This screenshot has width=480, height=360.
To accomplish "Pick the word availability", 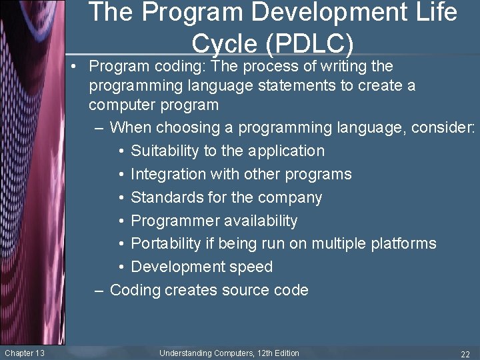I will click(263, 221).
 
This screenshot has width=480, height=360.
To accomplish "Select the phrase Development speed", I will click(201, 267).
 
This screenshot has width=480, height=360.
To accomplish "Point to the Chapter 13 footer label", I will click(24, 353).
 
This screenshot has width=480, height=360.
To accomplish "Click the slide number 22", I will click(465, 353).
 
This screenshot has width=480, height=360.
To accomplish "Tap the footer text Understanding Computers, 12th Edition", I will click(229, 353).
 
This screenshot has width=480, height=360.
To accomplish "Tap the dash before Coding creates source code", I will click(100, 290).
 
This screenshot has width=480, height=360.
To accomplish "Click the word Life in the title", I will click(437, 12).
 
